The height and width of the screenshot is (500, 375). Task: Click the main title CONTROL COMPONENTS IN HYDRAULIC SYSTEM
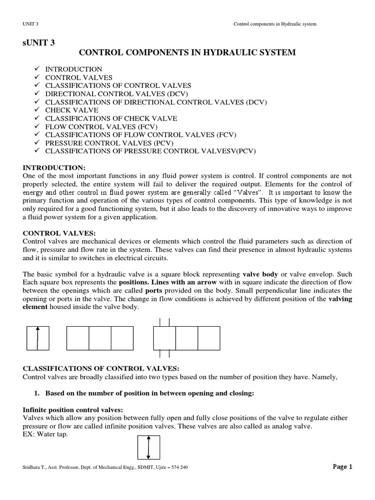pyautogui.click(x=187, y=53)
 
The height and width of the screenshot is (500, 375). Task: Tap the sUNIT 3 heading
pyautogui.click(x=38, y=42)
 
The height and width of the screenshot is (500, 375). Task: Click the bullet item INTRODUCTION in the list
pyautogui.click(x=74, y=69)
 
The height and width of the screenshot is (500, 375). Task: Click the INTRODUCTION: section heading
pyautogui.click(x=54, y=167)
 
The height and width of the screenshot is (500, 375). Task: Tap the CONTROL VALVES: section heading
pyautogui.click(x=56, y=233)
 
